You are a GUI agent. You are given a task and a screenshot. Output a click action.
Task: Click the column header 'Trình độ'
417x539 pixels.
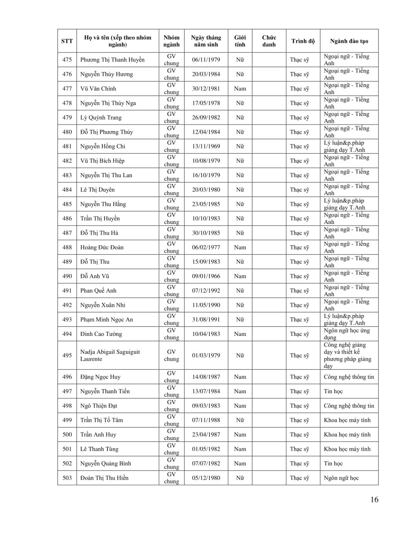pos(303,41)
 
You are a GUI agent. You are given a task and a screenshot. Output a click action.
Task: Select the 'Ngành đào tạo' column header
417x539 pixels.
pos(349,41)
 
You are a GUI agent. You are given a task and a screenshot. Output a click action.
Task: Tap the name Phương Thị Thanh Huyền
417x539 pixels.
pos(112,60)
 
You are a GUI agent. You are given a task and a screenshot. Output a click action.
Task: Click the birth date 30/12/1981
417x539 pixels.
pos(206,89)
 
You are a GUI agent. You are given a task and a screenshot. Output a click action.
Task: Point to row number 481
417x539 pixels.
pos(67,146)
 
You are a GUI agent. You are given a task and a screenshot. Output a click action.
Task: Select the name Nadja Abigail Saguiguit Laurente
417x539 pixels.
pos(110,355)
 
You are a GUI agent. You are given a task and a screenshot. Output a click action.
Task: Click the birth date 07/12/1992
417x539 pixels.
pos(206,291)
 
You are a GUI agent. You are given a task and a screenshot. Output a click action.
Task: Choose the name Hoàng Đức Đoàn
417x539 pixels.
pos(102,247)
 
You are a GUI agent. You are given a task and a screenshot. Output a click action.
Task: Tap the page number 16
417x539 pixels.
pos(374,500)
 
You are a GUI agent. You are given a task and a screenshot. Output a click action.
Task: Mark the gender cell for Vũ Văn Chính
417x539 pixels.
pos(240,89)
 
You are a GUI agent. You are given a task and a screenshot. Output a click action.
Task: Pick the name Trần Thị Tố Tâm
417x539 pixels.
pos(101,420)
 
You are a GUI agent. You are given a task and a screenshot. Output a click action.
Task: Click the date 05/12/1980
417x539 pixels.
pos(206,478)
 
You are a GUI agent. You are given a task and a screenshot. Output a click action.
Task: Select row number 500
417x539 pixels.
pos(67,434)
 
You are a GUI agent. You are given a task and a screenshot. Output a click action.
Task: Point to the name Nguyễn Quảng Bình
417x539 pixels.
pos(106,463)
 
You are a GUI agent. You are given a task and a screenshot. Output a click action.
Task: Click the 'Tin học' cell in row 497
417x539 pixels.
pos(333,391)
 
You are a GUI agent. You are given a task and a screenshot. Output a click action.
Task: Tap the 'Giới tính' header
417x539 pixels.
pos(240,41)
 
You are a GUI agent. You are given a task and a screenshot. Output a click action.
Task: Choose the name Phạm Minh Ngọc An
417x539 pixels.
pos(106,319)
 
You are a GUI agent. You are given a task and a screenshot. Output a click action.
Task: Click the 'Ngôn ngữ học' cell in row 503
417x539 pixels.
pos(341,478)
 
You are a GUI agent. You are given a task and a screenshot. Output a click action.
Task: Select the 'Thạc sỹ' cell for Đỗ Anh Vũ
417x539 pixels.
pos(299,276)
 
